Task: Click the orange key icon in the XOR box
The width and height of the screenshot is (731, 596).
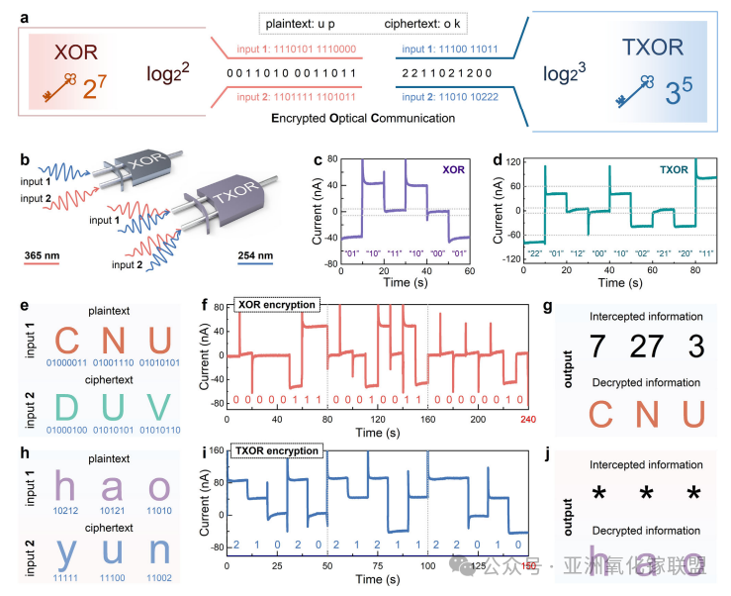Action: coord(57,91)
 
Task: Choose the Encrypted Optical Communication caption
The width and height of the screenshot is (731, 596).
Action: coord(363,118)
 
